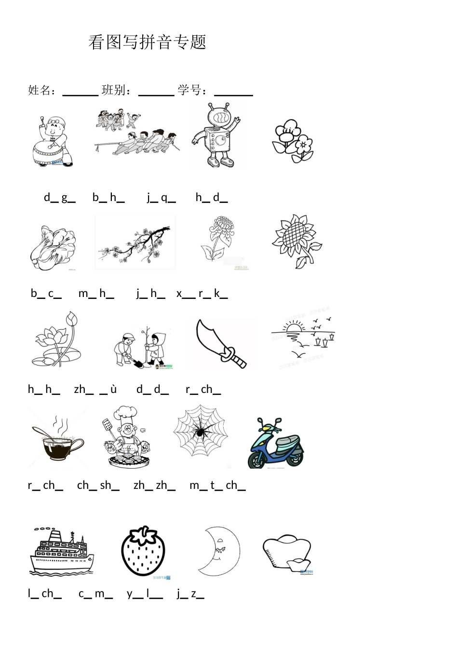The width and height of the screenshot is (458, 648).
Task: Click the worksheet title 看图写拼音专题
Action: point(147,42)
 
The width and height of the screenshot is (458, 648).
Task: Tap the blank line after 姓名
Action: point(81,94)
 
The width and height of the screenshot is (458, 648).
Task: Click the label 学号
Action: point(189,90)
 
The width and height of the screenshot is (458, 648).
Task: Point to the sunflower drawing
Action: point(297,241)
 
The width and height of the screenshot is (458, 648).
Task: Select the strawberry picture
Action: point(143,552)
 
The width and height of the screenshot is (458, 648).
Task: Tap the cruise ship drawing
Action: point(61,551)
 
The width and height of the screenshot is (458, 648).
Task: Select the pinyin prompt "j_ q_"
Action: point(161,198)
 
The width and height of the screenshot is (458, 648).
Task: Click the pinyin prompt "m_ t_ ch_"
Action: point(217,486)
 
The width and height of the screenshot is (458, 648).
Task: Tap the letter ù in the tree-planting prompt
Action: point(113,390)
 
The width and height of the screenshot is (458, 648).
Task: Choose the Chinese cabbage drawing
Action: point(53,248)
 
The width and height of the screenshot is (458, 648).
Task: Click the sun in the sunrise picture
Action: point(294,328)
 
